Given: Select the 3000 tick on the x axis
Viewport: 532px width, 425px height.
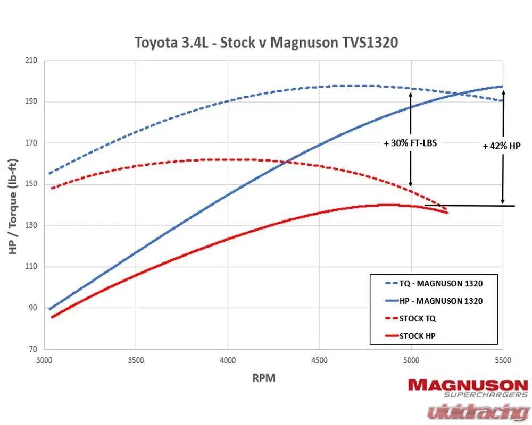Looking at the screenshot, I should pyautogui.click(x=44, y=360).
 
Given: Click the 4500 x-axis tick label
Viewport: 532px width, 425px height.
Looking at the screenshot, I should pyautogui.click(x=319, y=360).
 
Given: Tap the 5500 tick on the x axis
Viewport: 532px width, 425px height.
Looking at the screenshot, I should pyautogui.click(x=503, y=360).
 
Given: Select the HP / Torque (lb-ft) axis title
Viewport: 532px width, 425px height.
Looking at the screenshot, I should pyautogui.click(x=14, y=205).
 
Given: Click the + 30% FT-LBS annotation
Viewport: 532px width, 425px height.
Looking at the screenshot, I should pyautogui.click(x=410, y=143).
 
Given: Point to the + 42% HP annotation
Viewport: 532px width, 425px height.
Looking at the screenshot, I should pyautogui.click(x=501, y=146).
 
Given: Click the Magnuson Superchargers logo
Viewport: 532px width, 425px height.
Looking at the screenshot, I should pyautogui.click(x=468, y=387).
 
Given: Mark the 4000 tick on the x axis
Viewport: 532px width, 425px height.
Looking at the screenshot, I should pyautogui.click(x=228, y=360).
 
